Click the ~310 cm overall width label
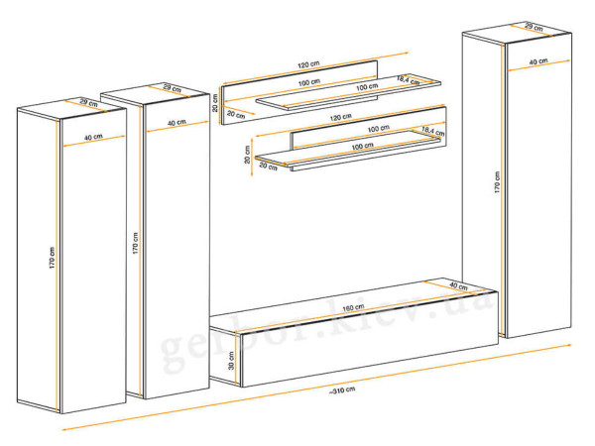(x=342, y=390)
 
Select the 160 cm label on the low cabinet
(x=353, y=307)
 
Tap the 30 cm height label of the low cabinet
(x=231, y=361)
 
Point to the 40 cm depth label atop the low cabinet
(x=458, y=286)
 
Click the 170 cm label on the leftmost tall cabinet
(x=52, y=258)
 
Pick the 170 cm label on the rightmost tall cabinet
(x=497, y=182)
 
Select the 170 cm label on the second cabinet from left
(x=136, y=243)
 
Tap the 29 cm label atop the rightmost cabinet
(x=534, y=27)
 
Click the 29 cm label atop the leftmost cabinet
(x=89, y=102)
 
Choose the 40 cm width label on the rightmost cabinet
(x=538, y=61)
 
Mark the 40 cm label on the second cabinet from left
(x=177, y=123)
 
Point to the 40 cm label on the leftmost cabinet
(x=93, y=137)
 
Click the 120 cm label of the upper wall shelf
(x=308, y=64)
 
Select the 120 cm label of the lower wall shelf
(x=341, y=117)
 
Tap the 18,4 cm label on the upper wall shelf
(x=409, y=80)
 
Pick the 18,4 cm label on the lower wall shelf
(x=433, y=131)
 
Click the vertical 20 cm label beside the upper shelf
(x=215, y=103)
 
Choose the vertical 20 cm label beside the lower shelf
(x=247, y=155)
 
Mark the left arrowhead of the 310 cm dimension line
(x=65, y=429)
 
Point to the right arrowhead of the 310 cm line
(x=567, y=345)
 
